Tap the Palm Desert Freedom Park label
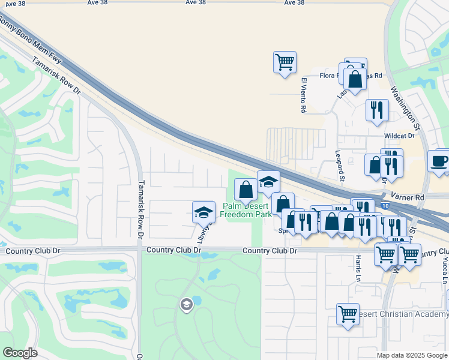point(248,209)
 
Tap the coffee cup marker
point(439,161)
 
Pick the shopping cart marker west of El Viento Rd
point(285,62)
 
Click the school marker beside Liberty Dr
point(203,211)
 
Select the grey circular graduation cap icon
point(186,305)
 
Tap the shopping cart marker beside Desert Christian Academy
point(348,314)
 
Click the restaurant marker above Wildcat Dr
point(377,110)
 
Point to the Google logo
point(20,353)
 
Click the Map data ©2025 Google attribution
point(412,355)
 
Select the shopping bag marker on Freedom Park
point(245,190)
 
